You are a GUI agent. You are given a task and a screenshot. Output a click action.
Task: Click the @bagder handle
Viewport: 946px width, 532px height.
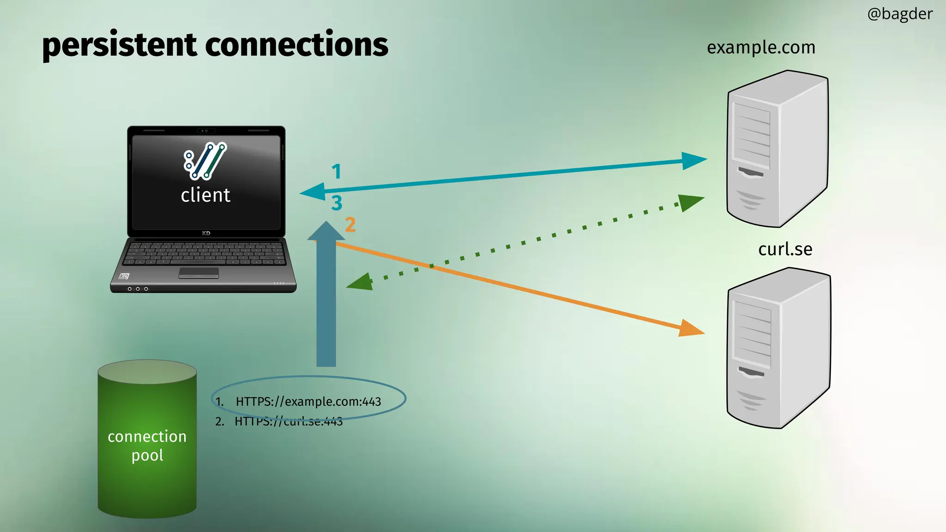pyautogui.click(x=899, y=14)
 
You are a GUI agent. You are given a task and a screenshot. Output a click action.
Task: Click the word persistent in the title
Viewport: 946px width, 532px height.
pyautogui.click(x=119, y=45)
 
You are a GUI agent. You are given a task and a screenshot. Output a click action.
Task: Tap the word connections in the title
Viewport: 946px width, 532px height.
pyautogui.click(x=296, y=45)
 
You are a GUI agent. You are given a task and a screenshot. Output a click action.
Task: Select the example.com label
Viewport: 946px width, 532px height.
pyautogui.click(x=761, y=48)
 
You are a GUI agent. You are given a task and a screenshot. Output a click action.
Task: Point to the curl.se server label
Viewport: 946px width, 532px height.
pyautogui.click(x=785, y=249)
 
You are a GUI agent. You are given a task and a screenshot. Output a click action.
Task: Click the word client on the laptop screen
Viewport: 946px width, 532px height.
pyautogui.click(x=206, y=195)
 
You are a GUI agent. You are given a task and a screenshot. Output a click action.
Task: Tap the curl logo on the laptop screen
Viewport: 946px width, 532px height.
pyautogui.click(x=205, y=161)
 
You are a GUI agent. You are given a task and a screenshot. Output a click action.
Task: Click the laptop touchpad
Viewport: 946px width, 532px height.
pyautogui.click(x=199, y=273)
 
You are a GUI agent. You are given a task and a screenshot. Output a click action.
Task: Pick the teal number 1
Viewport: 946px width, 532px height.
pyautogui.click(x=336, y=172)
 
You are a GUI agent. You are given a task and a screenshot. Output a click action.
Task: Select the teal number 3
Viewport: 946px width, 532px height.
pyautogui.click(x=337, y=203)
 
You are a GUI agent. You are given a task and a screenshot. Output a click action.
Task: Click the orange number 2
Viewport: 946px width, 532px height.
pyautogui.click(x=350, y=225)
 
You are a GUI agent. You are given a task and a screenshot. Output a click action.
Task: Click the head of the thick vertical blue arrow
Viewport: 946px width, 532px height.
pyautogui.click(x=326, y=231)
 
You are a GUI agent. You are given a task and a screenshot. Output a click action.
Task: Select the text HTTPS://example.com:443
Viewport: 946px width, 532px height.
pyautogui.click(x=308, y=401)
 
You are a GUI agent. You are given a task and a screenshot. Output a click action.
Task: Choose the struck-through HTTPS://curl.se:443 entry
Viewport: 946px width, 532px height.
pyautogui.click(x=288, y=421)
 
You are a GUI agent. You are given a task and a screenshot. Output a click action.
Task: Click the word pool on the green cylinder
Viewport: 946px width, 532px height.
pyautogui.click(x=147, y=456)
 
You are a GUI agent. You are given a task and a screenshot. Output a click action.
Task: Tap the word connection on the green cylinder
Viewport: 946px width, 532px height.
pyautogui.click(x=147, y=436)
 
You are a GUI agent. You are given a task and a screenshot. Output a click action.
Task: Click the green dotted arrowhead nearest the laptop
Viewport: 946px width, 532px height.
pyautogui.click(x=361, y=282)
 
